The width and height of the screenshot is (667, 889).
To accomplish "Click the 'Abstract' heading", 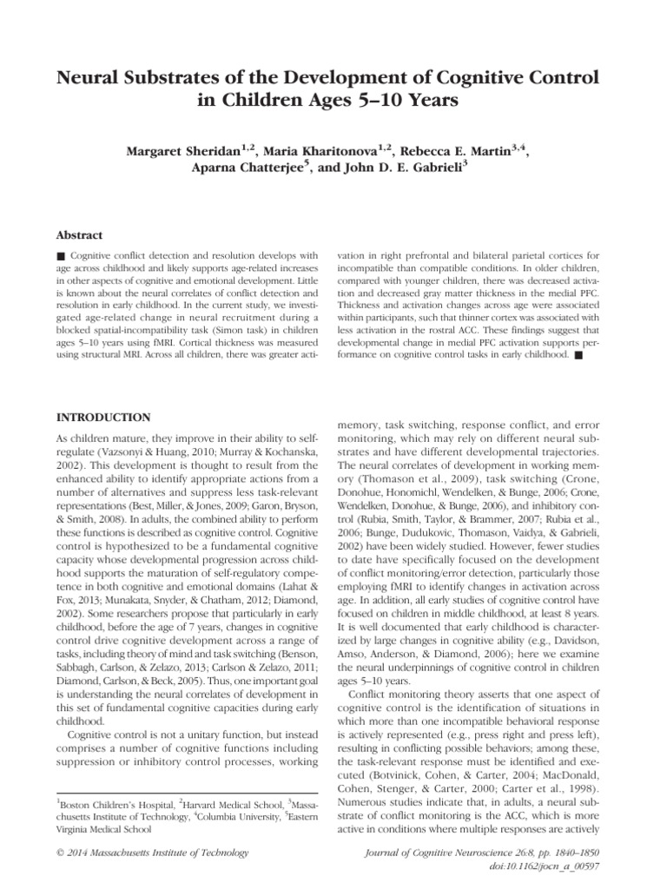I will click(x=79, y=235).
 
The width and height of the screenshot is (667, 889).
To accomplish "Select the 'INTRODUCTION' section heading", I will click(x=103, y=418).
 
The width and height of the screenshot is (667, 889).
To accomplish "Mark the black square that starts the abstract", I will click(x=60, y=258).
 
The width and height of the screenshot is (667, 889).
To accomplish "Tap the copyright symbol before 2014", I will click(x=59, y=853).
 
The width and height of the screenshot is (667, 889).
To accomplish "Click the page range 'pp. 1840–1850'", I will click(x=570, y=853).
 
